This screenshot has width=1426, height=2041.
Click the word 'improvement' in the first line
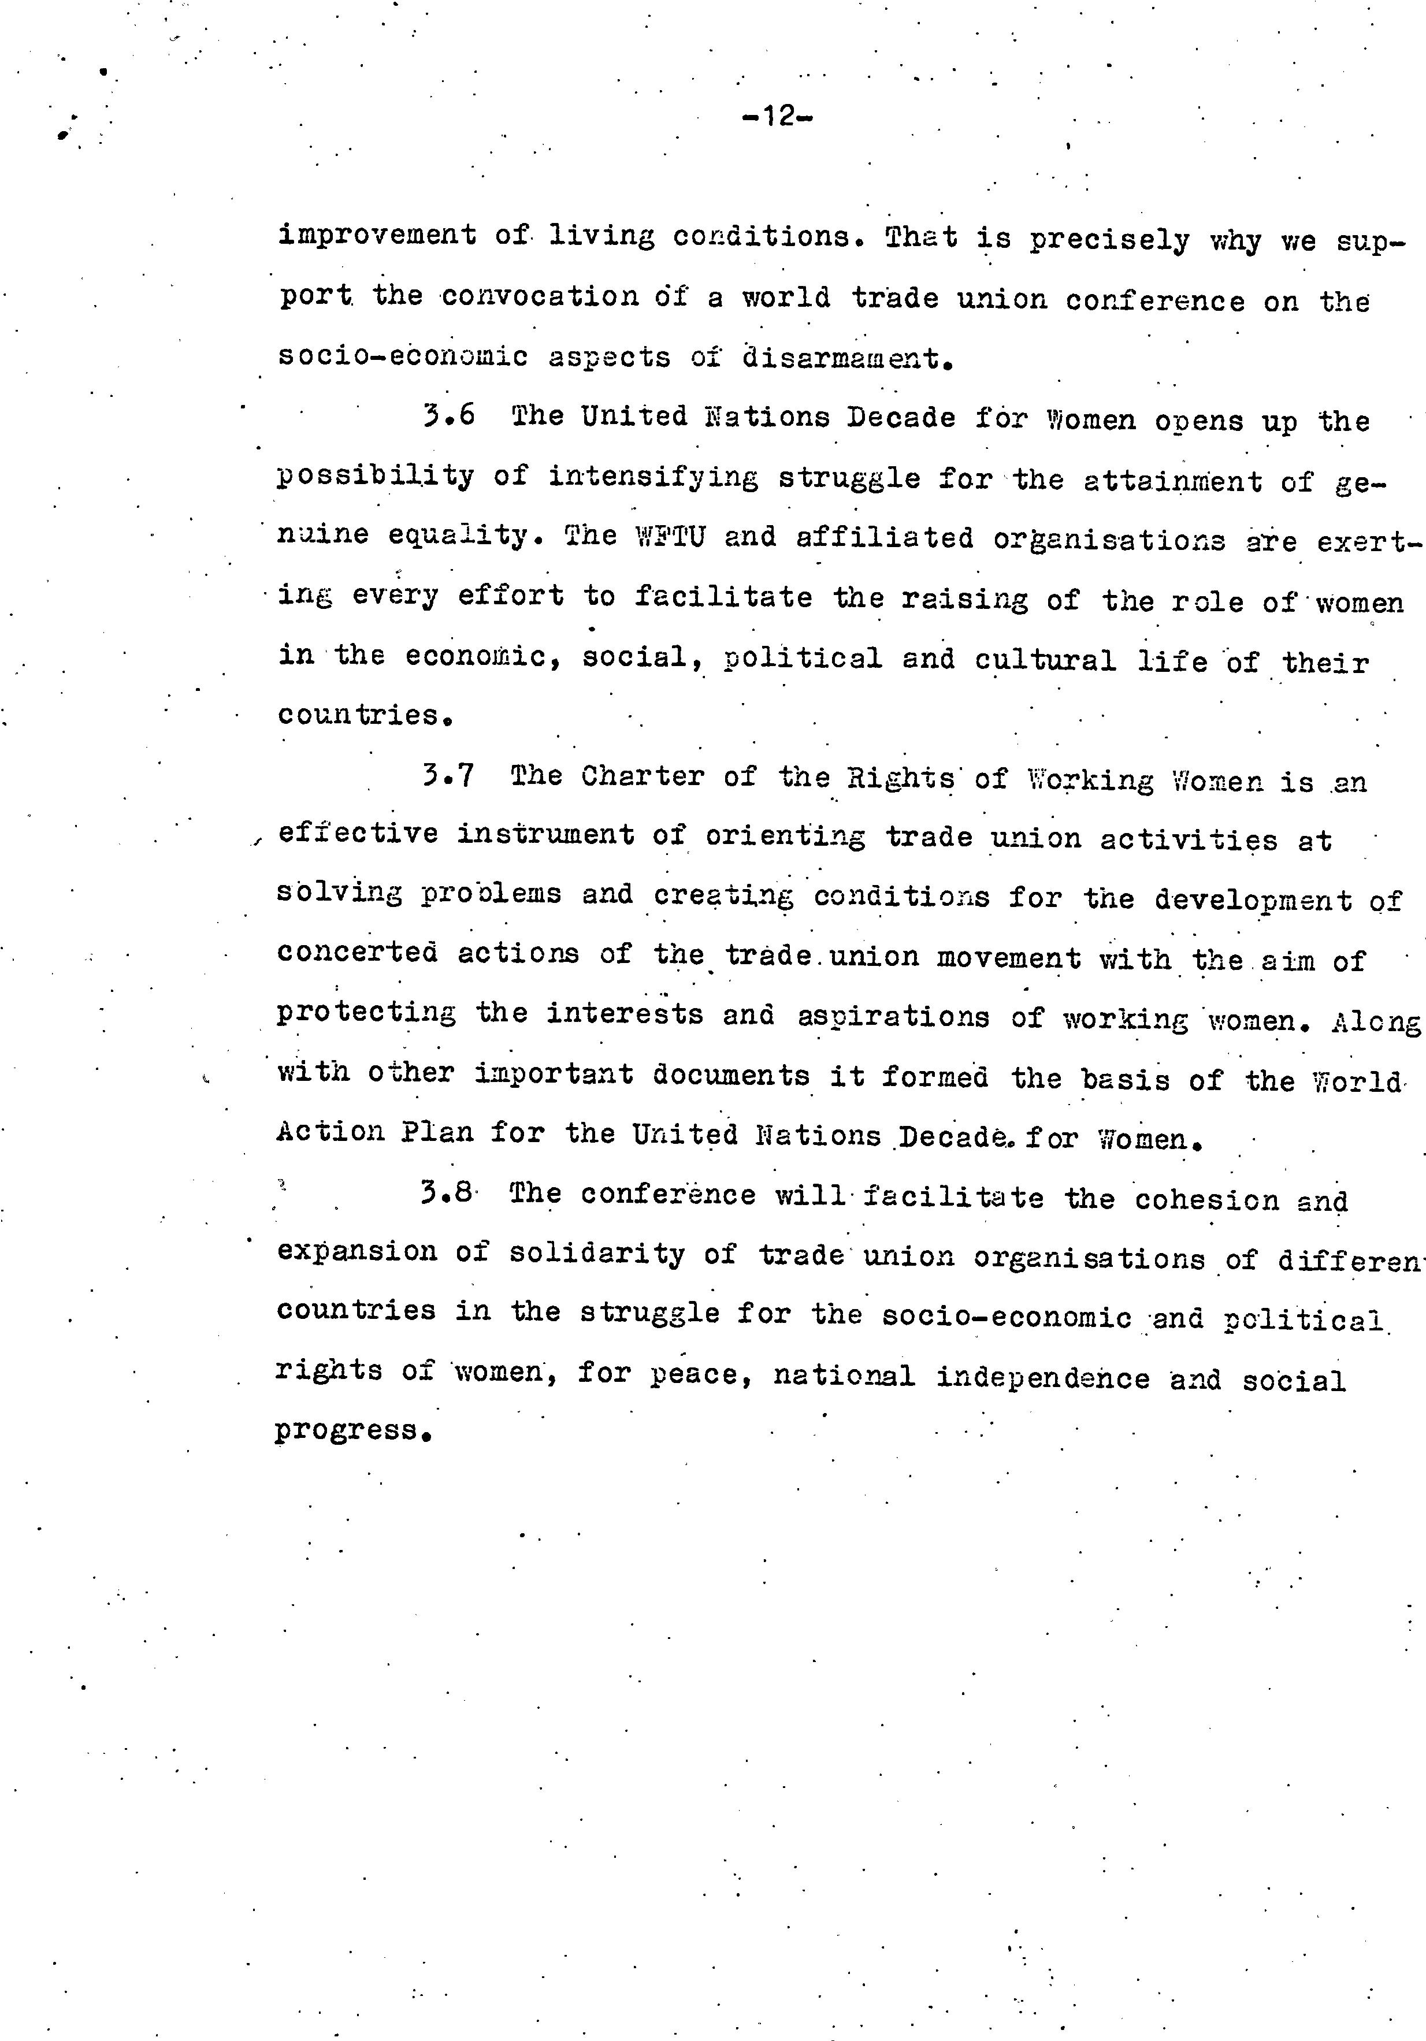coord(377,236)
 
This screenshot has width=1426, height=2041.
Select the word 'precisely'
coord(1109,240)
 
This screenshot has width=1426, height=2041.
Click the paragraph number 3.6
coord(449,416)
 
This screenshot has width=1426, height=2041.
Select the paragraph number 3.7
coord(448,775)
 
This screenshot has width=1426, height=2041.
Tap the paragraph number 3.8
coord(447,1193)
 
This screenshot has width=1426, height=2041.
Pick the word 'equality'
coord(458,536)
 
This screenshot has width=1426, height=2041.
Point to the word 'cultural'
coord(1045,660)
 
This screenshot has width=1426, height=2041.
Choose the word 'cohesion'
coord(1205,1199)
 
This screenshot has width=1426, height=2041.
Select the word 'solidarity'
coord(596,1254)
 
